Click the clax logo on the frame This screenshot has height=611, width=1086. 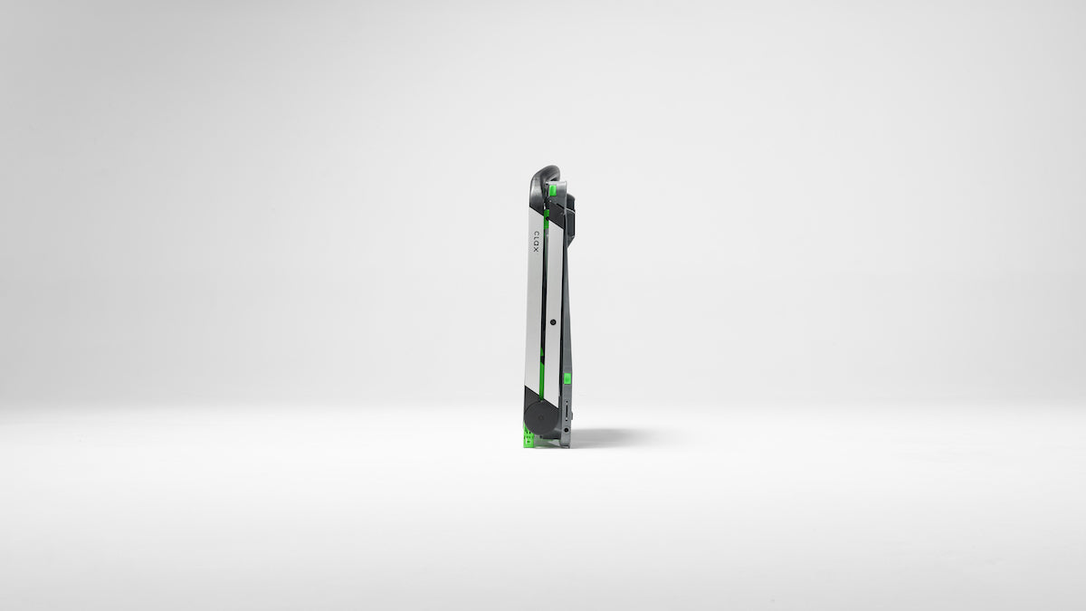(536, 241)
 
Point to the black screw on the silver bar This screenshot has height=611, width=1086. (553, 321)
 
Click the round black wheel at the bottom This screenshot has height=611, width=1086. (539, 418)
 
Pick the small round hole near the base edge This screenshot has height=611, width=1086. (566, 430)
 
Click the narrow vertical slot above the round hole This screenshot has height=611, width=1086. (567, 410)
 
